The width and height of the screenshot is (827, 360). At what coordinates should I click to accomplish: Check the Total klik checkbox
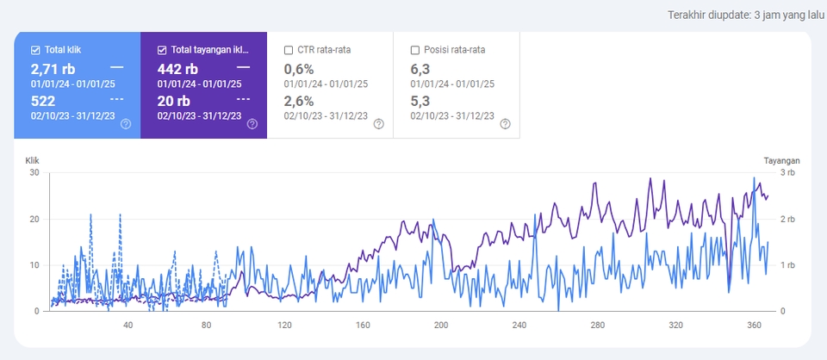(35, 50)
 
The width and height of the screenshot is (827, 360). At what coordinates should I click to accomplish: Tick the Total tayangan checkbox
(162, 50)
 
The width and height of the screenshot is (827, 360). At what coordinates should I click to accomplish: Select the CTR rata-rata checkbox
(289, 50)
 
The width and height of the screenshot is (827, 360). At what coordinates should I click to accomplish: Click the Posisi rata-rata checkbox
(416, 50)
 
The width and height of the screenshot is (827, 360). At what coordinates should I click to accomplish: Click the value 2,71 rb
(53, 68)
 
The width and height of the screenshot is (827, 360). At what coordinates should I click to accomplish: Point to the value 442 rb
(177, 68)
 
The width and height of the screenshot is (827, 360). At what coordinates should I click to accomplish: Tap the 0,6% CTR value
(299, 68)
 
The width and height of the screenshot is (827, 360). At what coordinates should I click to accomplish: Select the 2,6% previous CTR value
(299, 101)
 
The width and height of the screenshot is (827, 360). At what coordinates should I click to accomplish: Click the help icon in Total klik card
(126, 124)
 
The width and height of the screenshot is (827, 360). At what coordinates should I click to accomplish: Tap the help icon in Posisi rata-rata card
(506, 124)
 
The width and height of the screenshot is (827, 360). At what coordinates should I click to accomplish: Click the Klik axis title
(33, 160)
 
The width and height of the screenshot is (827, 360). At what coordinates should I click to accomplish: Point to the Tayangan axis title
(781, 160)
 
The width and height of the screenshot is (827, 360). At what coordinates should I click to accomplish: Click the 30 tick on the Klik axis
(34, 173)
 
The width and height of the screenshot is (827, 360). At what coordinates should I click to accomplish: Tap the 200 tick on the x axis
(441, 325)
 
